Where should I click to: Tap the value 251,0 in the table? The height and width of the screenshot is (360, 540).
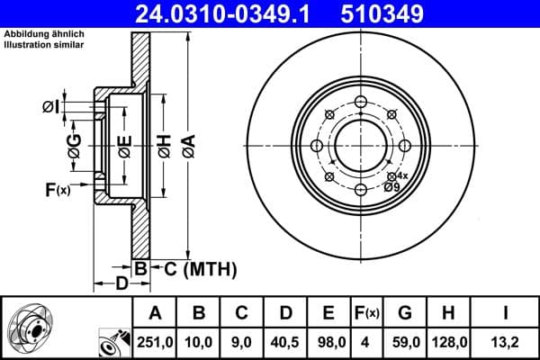[155, 342]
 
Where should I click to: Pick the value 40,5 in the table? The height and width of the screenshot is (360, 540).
[285, 342]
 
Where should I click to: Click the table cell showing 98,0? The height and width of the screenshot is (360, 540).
[328, 342]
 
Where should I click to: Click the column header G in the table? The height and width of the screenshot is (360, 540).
[405, 312]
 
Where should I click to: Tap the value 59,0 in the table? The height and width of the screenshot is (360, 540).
[405, 342]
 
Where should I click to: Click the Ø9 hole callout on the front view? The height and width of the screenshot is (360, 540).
[393, 186]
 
